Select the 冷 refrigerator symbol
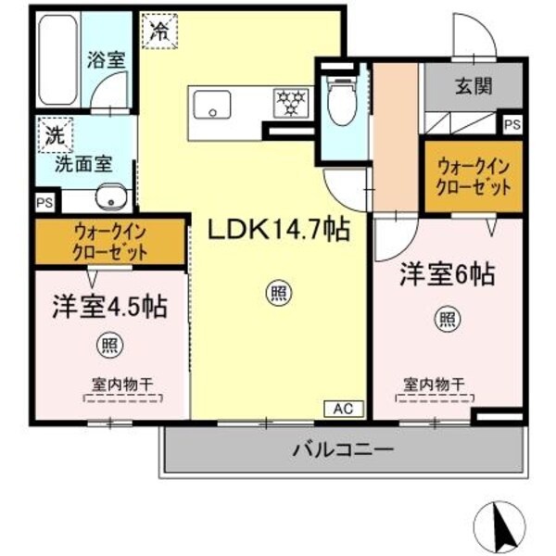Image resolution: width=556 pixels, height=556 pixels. coord(159,30)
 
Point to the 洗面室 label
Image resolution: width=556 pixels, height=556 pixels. coord(82,164)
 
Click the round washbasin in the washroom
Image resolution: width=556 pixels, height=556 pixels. coord(110,196)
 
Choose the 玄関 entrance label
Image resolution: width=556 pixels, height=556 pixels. coord(473,87)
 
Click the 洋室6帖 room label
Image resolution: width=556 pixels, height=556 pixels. coord(446,274)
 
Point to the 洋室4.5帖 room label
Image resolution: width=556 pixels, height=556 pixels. coord(109,308)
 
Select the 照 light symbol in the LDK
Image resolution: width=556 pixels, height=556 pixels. coord(277,295)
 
